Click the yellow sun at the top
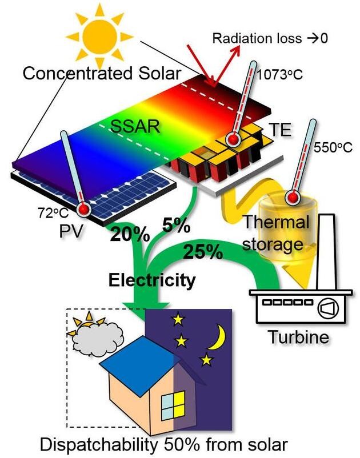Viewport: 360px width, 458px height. (x=98, y=35)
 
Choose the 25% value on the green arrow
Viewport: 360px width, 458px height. (x=202, y=250)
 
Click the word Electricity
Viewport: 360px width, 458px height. (x=152, y=280)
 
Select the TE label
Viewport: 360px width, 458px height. (x=279, y=130)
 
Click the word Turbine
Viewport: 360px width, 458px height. (x=299, y=336)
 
